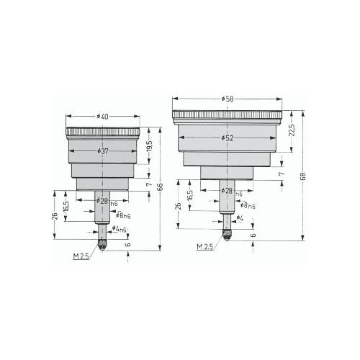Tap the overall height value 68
(304, 176)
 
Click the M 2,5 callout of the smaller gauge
(81, 256)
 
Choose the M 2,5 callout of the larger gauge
(205, 246)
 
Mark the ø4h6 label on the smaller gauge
(120, 229)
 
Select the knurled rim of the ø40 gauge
(103, 132)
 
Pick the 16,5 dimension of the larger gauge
(189, 197)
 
